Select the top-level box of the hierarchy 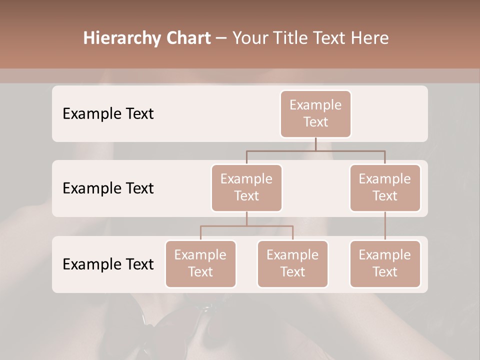(x=315, y=113)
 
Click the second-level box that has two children (x=246, y=187)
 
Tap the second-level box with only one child (x=385, y=187)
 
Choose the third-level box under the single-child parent (x=385, y=263)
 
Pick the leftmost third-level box (x=200, y=263)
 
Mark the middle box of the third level (x=292, y=263)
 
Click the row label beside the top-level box (x=108, y=113)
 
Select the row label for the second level (x=108, y=188)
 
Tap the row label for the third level (x=108, y=264)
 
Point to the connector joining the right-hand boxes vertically (x=385, y=226)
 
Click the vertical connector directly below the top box (x=315, y=144)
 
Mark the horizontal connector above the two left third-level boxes (x=246, y=226)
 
